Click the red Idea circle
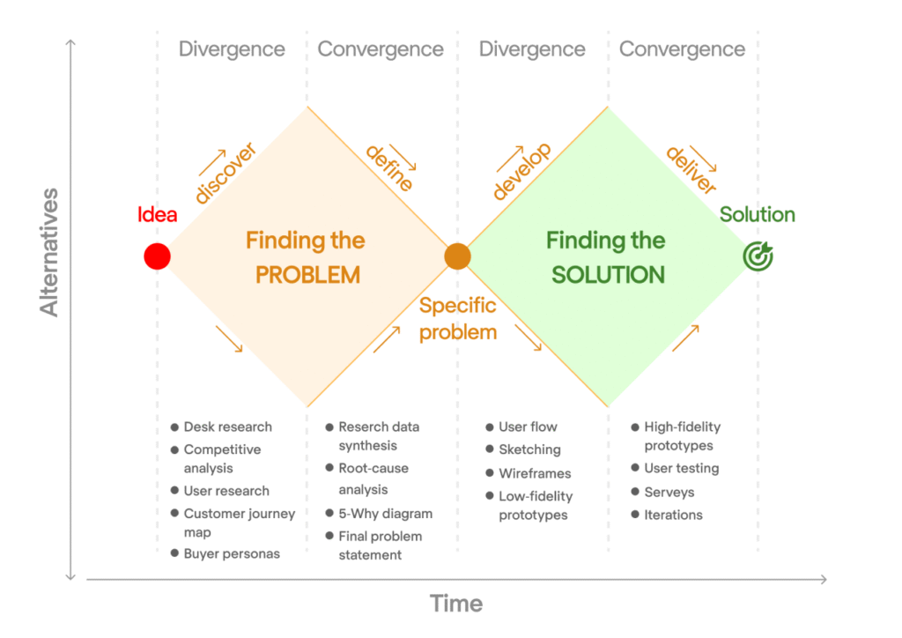(x=157, y=256)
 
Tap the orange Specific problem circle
(x=457, y=256)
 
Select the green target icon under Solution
(x=758, y=256)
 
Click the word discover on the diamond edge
(x=225, y=174)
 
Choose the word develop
(x=522, y=172)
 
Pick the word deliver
(x=691, y=170)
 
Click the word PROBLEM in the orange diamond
(x=307, y=275)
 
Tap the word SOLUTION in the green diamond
(x=608, y=275)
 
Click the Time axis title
(x=456, y=604)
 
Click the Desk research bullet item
(x=227, y=427)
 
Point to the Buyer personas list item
(x=231, y=553)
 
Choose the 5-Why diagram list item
(x=385, y=513)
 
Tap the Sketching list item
(x=529, y=449)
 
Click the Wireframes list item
(x=534, y=473)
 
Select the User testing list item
(x=681, y=468)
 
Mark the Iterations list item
(x=673, y=515)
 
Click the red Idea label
(x=157, y=215)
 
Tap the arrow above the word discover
(x=211, y=161)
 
